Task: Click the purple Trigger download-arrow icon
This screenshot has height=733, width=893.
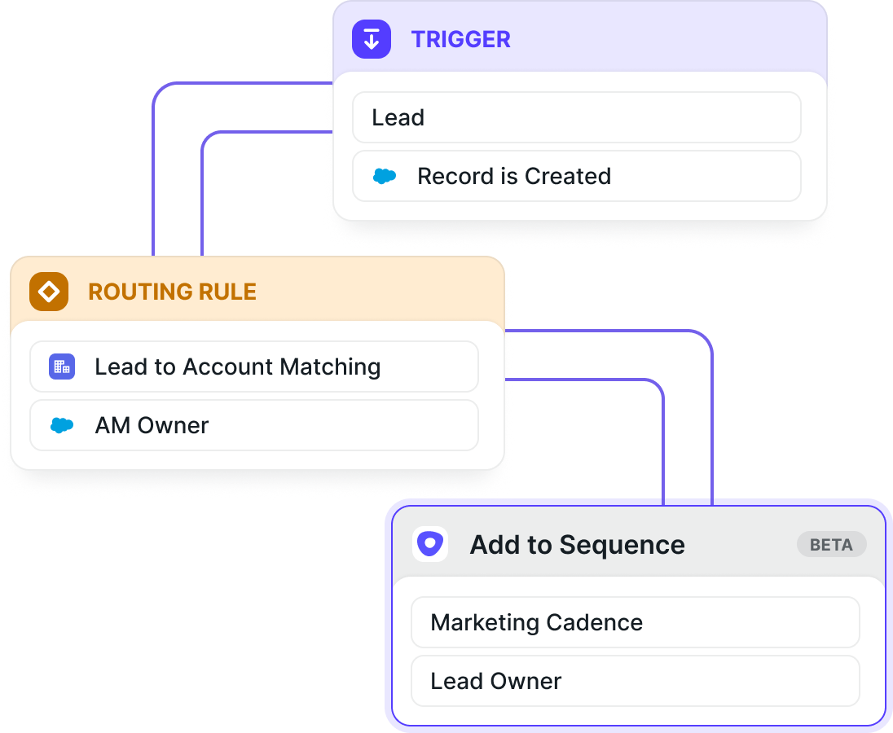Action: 372,39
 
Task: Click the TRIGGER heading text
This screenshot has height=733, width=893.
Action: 460,40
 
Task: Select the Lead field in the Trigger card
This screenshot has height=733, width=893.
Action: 577,117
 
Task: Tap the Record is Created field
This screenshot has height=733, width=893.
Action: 577,176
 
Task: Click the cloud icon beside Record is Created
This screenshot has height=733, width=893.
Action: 385,177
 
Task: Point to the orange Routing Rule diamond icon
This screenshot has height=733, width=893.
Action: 49,292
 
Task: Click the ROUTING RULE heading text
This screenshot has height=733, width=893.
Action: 172,292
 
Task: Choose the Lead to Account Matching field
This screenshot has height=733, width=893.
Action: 254,366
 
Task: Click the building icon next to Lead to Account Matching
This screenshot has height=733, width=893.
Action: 62,366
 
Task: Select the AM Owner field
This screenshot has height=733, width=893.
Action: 254,425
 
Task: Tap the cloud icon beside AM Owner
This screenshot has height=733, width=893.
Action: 62,425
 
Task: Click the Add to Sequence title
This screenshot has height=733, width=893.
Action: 577,545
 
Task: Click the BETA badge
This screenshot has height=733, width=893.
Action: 832,545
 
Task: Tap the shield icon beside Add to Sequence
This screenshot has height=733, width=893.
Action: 430,544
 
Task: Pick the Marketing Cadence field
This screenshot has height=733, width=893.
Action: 636,622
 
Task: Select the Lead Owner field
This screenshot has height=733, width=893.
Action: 636,681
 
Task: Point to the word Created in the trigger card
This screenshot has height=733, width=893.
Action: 568,177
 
